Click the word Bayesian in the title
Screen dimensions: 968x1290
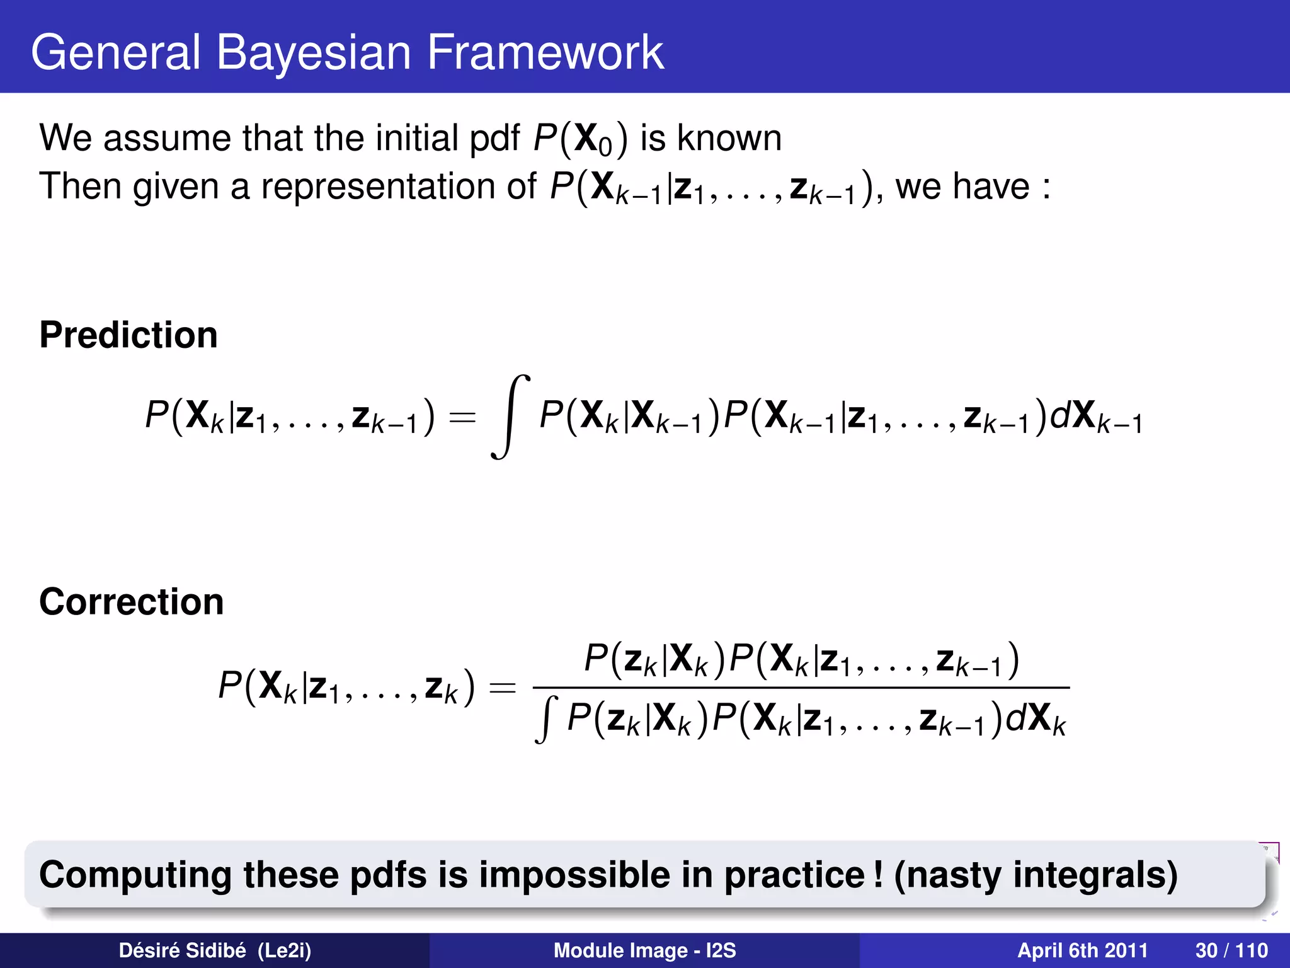click(314, 53)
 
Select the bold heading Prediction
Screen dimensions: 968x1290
click(128, 335)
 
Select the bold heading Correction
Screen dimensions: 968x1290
click(131, 602)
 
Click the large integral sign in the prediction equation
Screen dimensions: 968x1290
click(510, 417)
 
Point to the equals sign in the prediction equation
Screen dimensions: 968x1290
click(462, 417)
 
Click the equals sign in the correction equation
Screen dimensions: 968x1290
click(502, 688)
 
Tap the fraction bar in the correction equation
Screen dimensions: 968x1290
click(800, 688)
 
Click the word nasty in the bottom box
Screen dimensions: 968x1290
click(954, 875)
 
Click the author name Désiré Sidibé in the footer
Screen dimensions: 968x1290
click(182, 950)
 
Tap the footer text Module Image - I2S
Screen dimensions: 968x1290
click(644, 950)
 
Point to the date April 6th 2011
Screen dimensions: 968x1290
click(1082, 950)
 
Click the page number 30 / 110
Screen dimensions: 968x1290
click(1231, 950)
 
